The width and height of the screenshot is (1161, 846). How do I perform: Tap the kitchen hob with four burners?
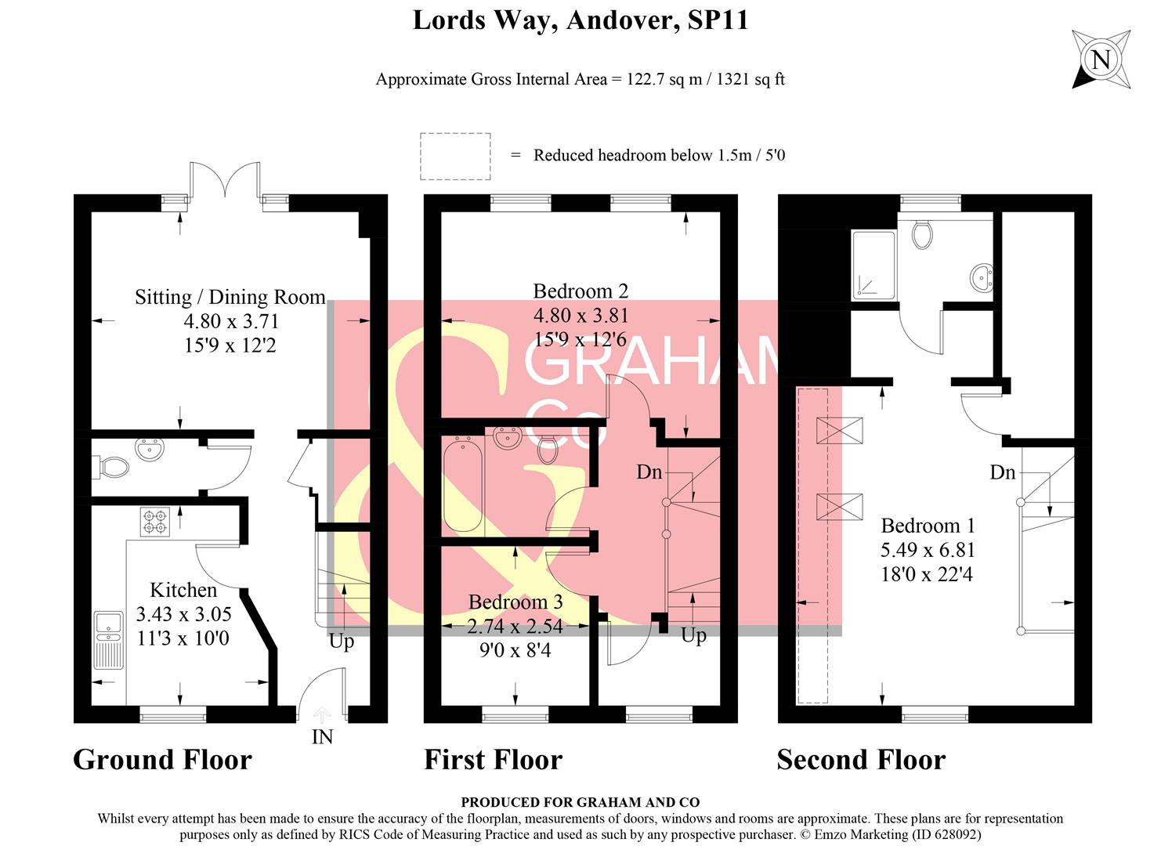tap(155, 522)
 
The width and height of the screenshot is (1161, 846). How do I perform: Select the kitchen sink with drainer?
tap(109, 641)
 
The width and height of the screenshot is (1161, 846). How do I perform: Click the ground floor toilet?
tap(110, 467)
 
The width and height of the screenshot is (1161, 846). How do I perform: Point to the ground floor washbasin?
tap(150, 448)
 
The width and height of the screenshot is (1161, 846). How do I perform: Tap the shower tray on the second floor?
tap(873, 266)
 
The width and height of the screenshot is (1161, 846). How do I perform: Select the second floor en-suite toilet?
tap(922, 234)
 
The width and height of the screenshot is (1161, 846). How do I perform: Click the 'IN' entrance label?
tap(322, 737)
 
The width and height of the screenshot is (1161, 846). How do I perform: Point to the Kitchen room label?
tap(183, 590)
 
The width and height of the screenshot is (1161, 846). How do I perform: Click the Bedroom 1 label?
tap(928, 526)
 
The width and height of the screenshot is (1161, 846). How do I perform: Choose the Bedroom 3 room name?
tap(515, 602)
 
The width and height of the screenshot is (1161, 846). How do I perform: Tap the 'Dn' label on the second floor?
tap(1003, 472)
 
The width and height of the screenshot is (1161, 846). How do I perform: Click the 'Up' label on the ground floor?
tap(342, 642)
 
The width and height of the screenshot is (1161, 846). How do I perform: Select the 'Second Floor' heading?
tap(862, 760)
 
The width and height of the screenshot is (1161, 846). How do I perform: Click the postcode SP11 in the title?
tap(718, 20)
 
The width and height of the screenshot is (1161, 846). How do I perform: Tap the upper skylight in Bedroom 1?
tap(840, 431)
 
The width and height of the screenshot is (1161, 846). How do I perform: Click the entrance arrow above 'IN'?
tap(322, 715)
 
